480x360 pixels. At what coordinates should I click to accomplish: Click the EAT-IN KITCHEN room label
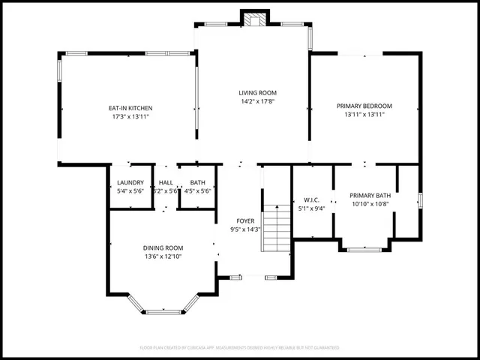click(131, 108)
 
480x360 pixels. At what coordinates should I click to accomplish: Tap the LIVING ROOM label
click(253, 92)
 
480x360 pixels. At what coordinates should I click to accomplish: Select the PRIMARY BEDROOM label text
click(364, 106)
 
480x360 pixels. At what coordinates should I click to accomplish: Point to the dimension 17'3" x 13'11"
click(131, 117)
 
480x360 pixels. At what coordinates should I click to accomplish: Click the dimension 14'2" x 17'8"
click(253, 101)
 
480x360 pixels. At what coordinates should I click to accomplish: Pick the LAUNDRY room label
click(130, 182)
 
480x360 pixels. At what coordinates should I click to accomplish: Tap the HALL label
click(166, 182)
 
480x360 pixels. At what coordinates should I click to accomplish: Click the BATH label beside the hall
click(198, 182)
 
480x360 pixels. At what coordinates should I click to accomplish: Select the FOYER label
click(245, 220)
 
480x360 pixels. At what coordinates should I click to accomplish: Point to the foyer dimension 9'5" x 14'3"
click(245, 229)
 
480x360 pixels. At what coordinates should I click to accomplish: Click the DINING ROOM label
click(163, 247)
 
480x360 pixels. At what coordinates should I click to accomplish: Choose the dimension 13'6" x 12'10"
click(163, 256)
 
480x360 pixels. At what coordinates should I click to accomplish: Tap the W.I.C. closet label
click(313, 199)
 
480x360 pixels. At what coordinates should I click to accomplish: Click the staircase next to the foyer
click(277, 228)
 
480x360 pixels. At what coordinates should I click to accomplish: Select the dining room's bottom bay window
click(163, 311)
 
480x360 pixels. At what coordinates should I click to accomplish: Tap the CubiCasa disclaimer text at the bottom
click(240, 348)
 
